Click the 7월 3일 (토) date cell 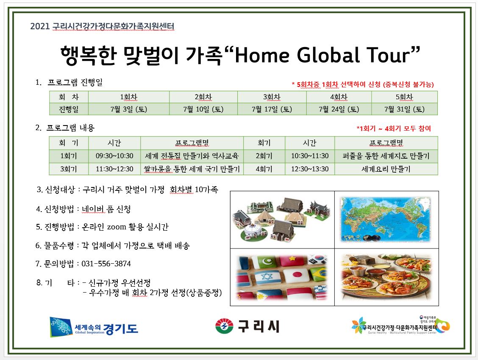129,109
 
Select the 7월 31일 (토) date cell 404,109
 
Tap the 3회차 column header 272,97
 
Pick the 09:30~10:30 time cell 114,156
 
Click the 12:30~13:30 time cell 310,169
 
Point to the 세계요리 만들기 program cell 386,169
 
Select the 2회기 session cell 264,156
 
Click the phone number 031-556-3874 106,264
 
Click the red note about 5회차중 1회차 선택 363,84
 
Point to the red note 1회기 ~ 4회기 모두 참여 394,128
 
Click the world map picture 386,219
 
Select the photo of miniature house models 282,219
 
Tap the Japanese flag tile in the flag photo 296,275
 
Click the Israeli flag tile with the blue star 267,278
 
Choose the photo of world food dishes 386,277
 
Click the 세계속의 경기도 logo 94,327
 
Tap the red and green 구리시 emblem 224,326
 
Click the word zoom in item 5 117,227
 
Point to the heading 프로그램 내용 70,128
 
